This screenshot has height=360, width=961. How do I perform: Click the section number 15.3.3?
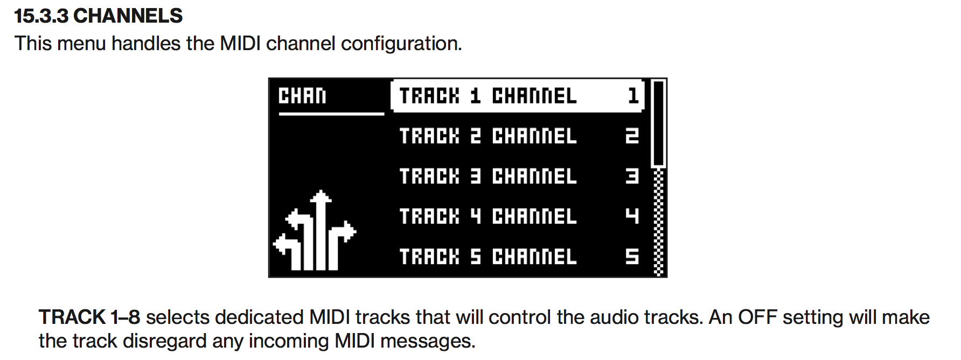[x=41, y=16]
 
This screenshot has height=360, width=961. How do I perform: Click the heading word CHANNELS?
[x=128, y=16]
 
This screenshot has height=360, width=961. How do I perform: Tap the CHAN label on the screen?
[x=302, y=96]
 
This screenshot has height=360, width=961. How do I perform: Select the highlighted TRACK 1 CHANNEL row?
[x=517, y=96]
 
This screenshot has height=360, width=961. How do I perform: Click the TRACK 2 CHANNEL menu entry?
[x=488, y=136]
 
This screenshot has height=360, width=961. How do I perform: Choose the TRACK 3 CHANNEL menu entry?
[x=488, y=176]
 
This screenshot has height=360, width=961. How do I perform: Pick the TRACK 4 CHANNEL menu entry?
[x=488, y=216]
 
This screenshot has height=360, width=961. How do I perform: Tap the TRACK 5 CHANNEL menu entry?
[x=488, y=257]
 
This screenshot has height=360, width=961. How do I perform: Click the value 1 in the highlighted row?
[x=633, y=96]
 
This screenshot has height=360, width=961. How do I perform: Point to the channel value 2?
[x=632, y=136]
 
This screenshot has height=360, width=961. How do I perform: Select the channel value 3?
[x=632, y=176]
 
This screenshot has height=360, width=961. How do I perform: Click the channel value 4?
[x=632, y=216]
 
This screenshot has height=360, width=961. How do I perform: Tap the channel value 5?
[x=632, y=257]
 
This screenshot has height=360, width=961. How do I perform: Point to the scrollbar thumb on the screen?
[x=658, y=123]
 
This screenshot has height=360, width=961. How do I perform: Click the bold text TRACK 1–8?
[x=89, y=317]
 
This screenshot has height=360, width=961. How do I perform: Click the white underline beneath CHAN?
[x=331, y=114]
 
